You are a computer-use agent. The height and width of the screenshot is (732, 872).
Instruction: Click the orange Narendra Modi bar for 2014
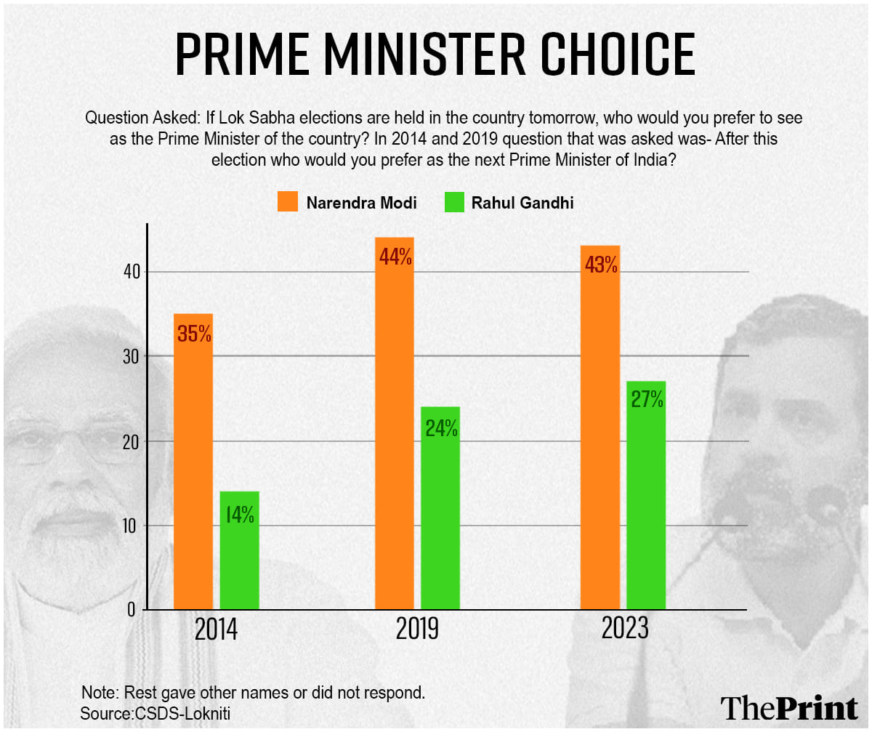[193, 465]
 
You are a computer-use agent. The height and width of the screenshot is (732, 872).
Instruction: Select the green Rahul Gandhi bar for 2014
[240, 552]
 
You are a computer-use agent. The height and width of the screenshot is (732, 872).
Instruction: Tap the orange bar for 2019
[395, 429]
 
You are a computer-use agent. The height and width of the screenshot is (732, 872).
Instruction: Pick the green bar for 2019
[440, 509]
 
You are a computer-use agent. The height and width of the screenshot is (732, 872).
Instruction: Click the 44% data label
[395, 257]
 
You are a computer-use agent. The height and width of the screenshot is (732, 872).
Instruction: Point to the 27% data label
[646, 400]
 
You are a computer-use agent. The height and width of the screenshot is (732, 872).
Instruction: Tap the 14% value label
[239, 515]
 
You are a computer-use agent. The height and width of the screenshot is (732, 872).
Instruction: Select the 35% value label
[193, 334]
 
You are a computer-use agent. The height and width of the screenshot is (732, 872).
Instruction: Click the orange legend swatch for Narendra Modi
[288, 202]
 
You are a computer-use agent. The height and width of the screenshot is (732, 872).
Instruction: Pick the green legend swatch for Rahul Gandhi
[453, 202]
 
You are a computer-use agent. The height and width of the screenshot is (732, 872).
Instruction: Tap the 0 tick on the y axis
[132, 610]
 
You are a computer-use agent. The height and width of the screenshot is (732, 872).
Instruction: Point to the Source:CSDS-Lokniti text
[159, 713]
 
